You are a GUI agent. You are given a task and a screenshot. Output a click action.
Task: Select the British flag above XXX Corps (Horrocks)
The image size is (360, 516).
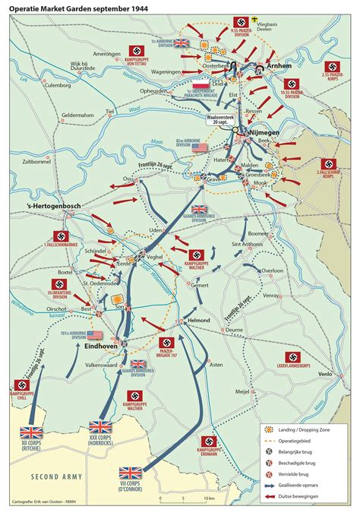101,427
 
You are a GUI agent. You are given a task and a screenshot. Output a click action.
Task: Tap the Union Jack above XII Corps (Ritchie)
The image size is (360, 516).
32,432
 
